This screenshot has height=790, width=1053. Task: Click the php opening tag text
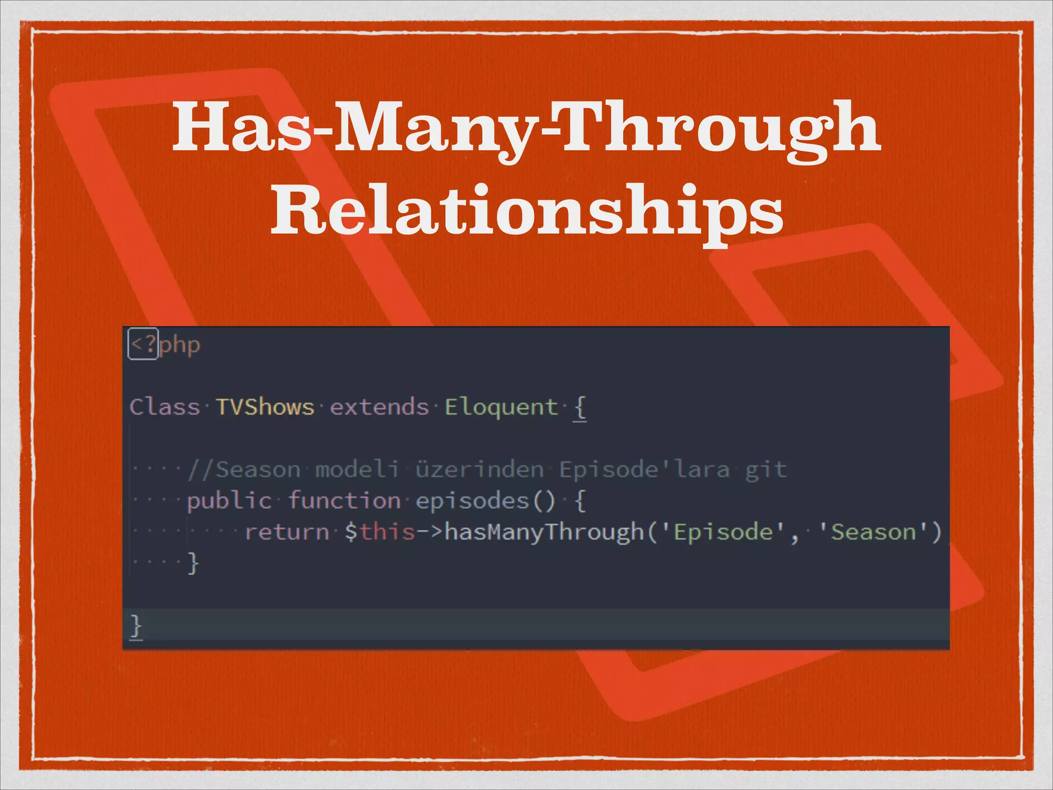[165, 344]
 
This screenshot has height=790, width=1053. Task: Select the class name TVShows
[264, 407]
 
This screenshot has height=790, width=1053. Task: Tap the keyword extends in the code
[379, 407]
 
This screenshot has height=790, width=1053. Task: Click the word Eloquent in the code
[501, 407]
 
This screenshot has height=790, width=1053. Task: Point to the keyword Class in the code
[164, 407]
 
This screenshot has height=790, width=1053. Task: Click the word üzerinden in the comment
[479, 469]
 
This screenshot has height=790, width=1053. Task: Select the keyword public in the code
[229, 500]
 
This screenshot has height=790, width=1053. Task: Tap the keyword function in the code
[344, 500]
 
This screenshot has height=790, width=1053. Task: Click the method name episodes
[472, 500]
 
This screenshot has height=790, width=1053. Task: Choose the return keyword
[287, 532]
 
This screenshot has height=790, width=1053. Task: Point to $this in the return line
[379, 532]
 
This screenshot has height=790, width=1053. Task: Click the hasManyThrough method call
[544, 532]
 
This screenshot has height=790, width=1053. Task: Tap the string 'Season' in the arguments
[874, 532]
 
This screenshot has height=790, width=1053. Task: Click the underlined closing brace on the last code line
[136, 626]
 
